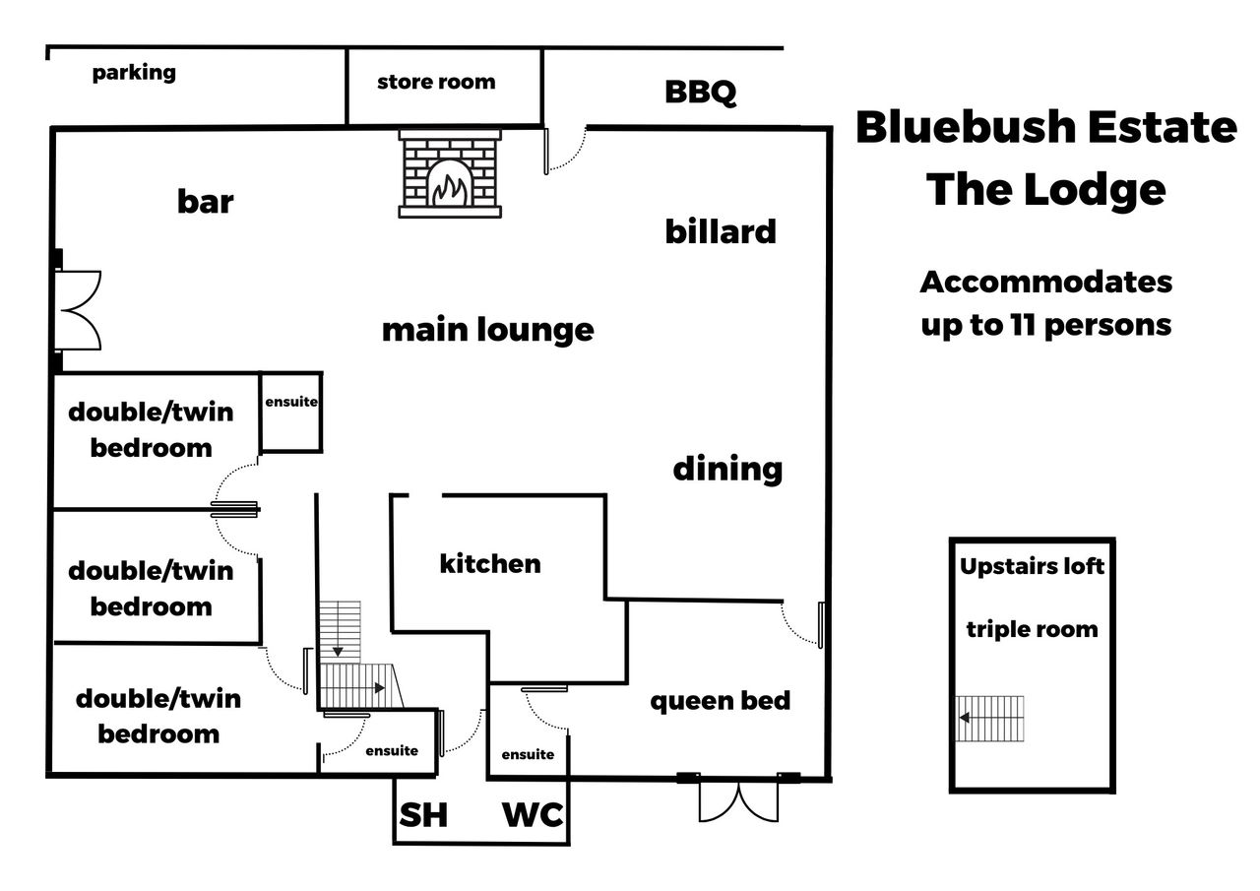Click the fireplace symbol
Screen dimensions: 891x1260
[450, 173]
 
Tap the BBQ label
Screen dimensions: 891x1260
[700, 93]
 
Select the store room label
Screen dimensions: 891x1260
[436, 82]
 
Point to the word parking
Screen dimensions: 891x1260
[134, 72]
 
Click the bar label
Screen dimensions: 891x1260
[206, 202]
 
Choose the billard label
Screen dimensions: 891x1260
[721, 232]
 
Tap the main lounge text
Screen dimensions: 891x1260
[487, 330]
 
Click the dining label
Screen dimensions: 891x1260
[727, 469]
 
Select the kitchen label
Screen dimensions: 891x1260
[490, 563]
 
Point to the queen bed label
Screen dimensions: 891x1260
[720, 701]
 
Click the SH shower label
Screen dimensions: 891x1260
[423, 815]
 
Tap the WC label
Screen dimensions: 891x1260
[533, 815]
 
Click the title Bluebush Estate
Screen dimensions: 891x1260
[1045, 128]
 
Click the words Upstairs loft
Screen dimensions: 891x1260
[1032, 567]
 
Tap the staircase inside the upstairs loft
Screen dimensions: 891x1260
[990, 719]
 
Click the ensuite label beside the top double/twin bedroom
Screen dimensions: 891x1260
[291, 402]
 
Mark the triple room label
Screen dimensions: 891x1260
[1032, 629]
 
